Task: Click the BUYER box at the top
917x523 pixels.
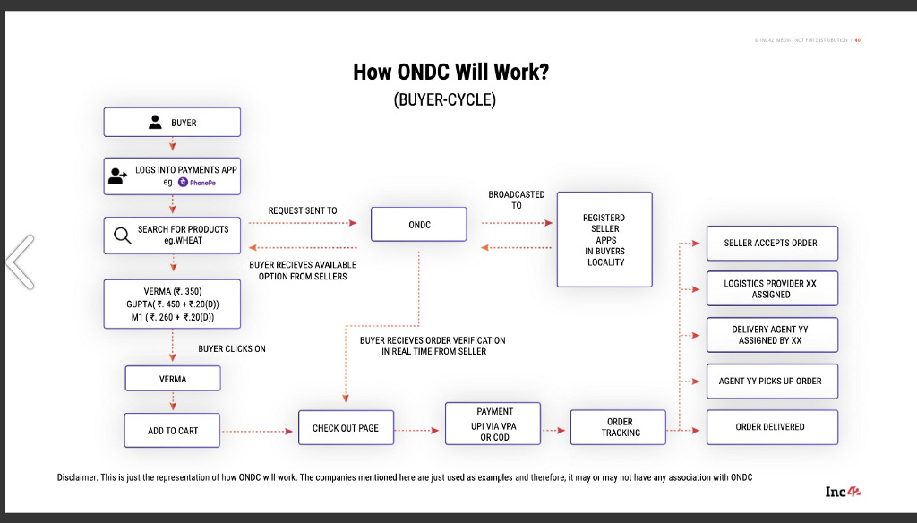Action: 172,123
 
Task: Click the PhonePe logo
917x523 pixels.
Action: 197,182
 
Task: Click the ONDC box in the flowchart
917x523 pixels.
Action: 419,225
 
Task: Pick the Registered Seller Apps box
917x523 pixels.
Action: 604,239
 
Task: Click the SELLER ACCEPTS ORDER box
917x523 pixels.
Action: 771,243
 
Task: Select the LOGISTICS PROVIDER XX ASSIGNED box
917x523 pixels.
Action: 771,288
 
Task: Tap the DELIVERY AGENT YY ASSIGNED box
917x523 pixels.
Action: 771,335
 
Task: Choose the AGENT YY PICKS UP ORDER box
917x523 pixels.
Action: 771,382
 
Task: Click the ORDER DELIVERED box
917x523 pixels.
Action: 771,427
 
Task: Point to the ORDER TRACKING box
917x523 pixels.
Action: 620,427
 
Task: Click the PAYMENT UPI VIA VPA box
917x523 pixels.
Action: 494,424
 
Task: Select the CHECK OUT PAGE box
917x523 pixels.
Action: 346,429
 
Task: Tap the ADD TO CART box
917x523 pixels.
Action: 172,431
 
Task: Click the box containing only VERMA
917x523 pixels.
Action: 172,380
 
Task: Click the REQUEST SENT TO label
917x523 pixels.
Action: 303,211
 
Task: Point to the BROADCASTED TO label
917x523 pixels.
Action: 516,200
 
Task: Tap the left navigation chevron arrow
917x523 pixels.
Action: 20,261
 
